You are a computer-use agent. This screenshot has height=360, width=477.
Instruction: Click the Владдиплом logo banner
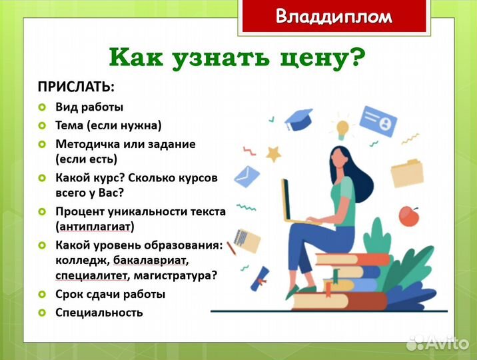pos(334,16)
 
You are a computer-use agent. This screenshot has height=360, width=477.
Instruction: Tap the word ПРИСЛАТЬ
pos(76,87)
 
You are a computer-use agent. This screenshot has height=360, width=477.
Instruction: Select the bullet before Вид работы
pos(41,107)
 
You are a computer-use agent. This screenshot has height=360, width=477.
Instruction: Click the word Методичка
pos(85,143)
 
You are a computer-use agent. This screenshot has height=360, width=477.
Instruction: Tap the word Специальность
pos(99,312)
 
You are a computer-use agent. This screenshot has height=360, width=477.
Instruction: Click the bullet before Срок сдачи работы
pos(41,294)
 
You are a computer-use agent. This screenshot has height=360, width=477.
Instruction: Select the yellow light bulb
pos(343,128)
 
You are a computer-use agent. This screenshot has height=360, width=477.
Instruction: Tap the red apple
pos(408,215)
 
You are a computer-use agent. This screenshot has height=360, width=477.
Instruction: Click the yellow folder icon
pos(406,173)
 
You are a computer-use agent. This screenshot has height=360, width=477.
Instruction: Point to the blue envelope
pos(246,176)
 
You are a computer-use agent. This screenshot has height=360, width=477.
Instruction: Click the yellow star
pos(273,154)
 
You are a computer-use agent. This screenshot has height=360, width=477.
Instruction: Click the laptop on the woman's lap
pos(292,200)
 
